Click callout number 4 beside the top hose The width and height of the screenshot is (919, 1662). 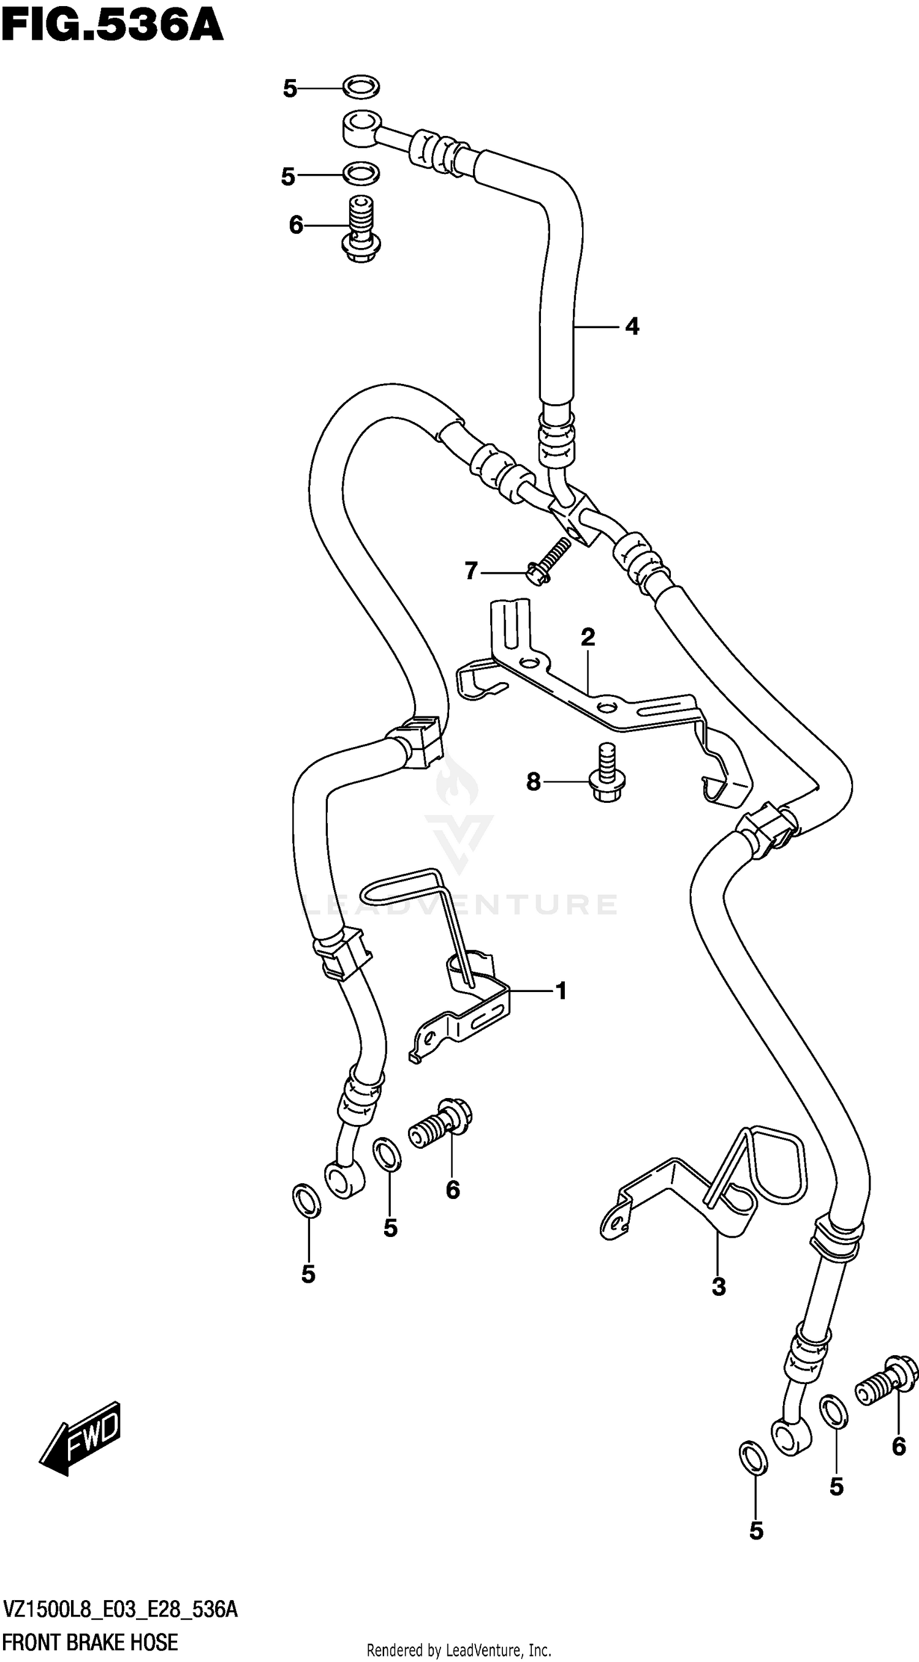point(632,327)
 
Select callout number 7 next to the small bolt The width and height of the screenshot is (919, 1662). point(471,571)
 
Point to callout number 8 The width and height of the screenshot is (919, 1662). point(533,782)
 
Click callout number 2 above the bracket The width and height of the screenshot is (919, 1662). point(588,637)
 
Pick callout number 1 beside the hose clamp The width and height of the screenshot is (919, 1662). point(561,990)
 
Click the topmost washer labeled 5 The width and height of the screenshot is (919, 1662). point(361,86)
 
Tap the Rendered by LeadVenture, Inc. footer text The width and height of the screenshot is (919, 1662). point(459,1651)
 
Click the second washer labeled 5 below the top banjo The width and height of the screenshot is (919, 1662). point(361,173)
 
